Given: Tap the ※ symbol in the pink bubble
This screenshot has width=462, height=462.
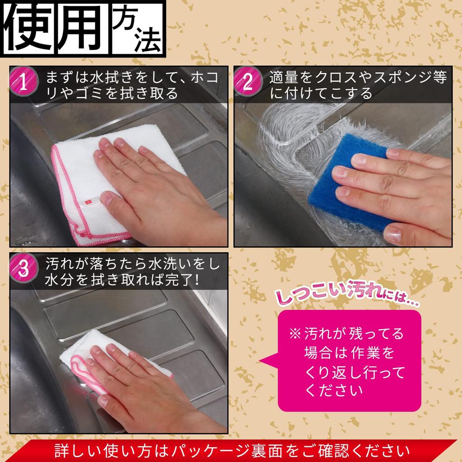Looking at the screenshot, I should tap(295, 334).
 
